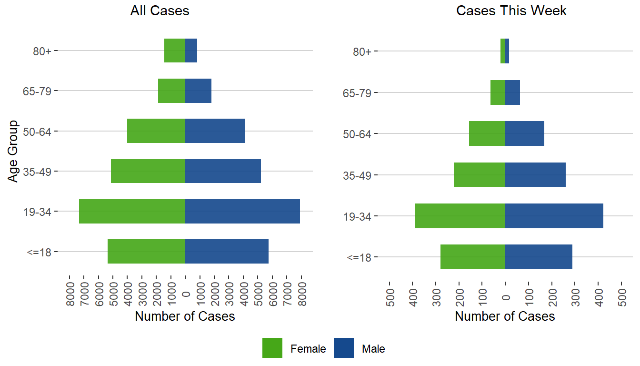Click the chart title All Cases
click(x=160, y=11)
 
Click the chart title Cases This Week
click(x=511, y=11)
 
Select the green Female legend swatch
click(x=272, y=348)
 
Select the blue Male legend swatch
click(x=344, y=348)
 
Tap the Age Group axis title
click(x=13, y=151)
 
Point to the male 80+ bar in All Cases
click(x=191, y=51)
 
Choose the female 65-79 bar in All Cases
click(x=171, y=91)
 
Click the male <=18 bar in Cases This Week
click(x=539, y=257)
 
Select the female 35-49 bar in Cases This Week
click(x=480, y=174)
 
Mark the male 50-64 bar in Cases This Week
click(x=525, y=133)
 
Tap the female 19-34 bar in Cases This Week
click(x=460, y=216)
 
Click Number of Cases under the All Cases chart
click(x=185, y=316)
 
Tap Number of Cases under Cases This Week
click(x=505, y=316)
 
